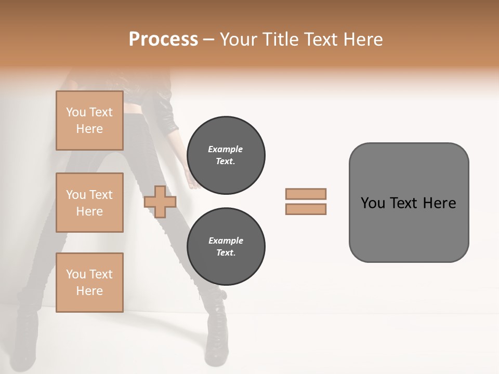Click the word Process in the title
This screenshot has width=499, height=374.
(x=163, y=39)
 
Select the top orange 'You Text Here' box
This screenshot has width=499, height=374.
(x=89, y=121)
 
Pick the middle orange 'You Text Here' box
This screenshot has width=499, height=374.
(x=89, y=203)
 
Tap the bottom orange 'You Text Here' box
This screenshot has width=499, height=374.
(x=89, y=282)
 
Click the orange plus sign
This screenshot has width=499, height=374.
(x=160, y=202)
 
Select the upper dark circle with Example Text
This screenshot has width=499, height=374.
(x=226, y=155)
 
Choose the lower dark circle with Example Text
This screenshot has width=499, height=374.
(x=226, y=246)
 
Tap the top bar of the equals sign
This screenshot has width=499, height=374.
(x=306, y=194)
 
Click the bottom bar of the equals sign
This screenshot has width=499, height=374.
(x=306, y=209)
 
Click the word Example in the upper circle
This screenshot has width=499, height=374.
(x=226, y=149)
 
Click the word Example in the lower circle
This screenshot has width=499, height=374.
(x=226, y=241)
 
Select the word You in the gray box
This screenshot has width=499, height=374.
(x=373, y=203)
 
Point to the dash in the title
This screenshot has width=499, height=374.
(x=209, y=39)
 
